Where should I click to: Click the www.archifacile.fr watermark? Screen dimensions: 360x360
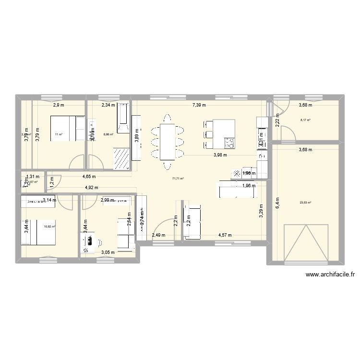click(x=329, y=275)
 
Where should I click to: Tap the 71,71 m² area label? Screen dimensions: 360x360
click(x=178, y=179)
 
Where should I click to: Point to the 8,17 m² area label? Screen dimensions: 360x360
click(x=305, y=120)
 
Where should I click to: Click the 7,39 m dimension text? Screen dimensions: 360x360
click(x=199, y=105)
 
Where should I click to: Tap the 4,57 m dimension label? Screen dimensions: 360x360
click(x=225, y=235)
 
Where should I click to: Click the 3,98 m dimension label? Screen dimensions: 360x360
click(x=220, y=155)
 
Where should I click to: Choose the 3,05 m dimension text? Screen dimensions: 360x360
click(x=107, y=252)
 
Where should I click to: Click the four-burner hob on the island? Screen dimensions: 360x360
click(x=229, y=143)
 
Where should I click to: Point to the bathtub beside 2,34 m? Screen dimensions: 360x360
click(x=123, y=118)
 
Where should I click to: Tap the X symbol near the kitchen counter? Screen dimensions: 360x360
click(x=236, y=174)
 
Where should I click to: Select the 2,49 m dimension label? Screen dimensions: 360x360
click(x=158, y=235)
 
